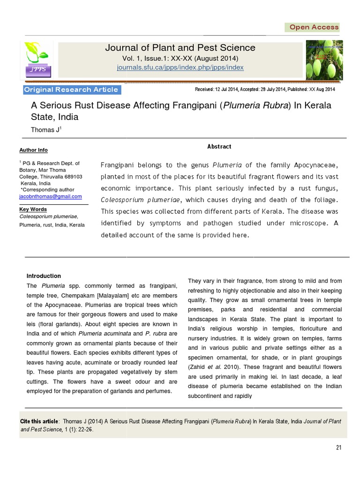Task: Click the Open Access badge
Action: point(313,27)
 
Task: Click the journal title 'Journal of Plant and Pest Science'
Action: point(180,48)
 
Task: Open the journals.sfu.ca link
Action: point(180,67)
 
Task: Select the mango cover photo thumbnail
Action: point(324,60)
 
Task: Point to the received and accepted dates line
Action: point(264,89)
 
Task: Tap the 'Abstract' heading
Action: point(219,147)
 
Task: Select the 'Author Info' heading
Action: point(33,150)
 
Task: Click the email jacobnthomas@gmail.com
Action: point(51,196)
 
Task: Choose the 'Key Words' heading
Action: point(32,210)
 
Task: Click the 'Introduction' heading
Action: point(44,276)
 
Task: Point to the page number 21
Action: point(338,447)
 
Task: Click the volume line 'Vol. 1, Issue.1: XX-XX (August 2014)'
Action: point(180,58)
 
